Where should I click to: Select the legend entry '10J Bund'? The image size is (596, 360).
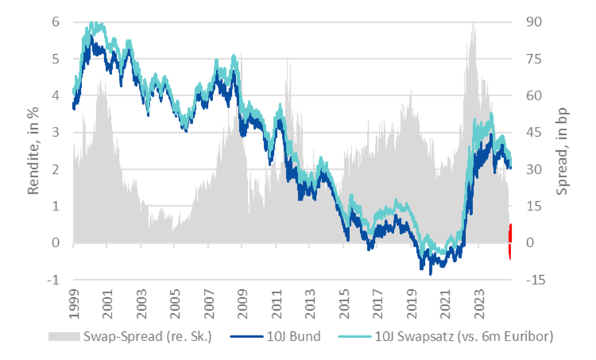[x=295, y=336]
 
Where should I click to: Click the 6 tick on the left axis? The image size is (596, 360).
[x=57, y=22]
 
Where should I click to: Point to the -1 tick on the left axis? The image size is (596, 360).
[x=55, y=280]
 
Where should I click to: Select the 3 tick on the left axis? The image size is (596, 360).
[x=57, y=132]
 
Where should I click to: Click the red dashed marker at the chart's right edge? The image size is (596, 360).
[x=510, y=241]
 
